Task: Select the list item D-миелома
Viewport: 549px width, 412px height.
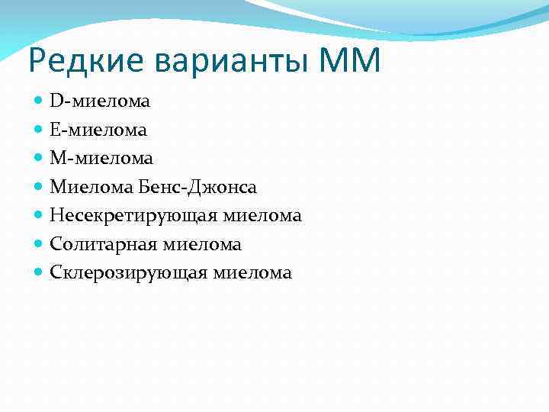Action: click(100, 101)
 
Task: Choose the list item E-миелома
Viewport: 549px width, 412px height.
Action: click(98, 130)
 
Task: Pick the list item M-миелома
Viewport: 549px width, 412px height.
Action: click(101, 158)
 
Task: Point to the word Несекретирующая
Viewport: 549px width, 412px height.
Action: click(134, 216)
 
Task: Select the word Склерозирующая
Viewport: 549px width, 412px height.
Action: click(129, 273)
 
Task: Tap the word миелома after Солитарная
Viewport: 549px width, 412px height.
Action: click(207, 244)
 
